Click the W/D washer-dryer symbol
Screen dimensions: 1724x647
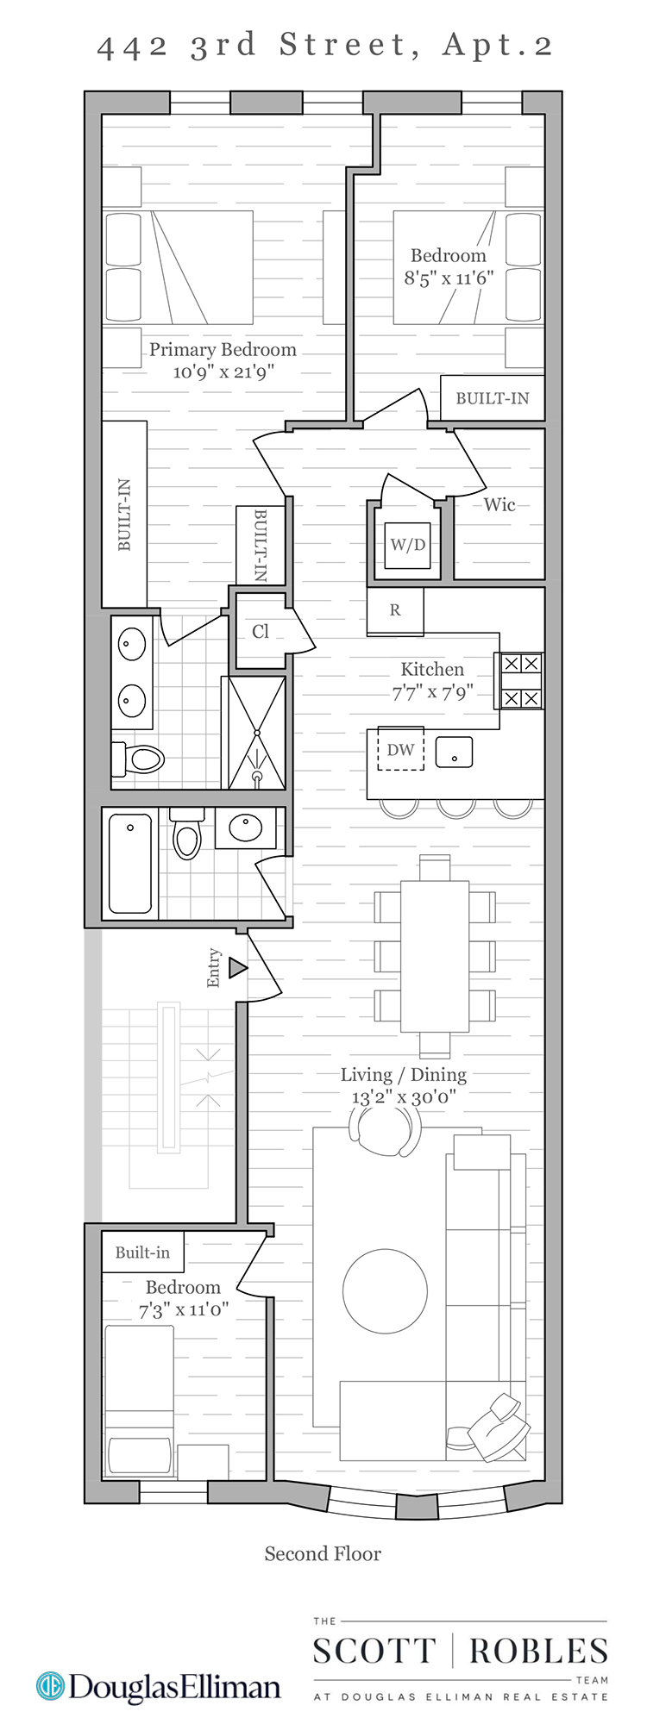(407, 545)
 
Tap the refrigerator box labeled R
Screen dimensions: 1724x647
(395, 610)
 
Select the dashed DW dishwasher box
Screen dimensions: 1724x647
(400, 749)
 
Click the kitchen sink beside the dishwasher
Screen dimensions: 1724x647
(454, 752)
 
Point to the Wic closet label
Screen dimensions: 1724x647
(499, 505)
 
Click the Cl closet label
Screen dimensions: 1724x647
(261, 632)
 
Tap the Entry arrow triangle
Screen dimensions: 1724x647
(237, 968)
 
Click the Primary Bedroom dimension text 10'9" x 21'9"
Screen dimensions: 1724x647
(223, 372)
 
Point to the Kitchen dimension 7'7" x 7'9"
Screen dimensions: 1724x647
(432, 692)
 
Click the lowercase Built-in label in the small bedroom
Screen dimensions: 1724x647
(142, 1252)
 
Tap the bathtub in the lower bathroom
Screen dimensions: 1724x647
(130, 863)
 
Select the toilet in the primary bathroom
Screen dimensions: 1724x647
(140, 759)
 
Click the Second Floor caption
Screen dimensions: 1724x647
(323, 1554)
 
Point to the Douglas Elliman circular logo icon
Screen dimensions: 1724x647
(50, 1687)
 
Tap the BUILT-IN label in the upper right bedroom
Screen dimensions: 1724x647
(493, 398)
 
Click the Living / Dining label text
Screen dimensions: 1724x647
(404, 1075)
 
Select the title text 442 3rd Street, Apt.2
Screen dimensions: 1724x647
(324, 46)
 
